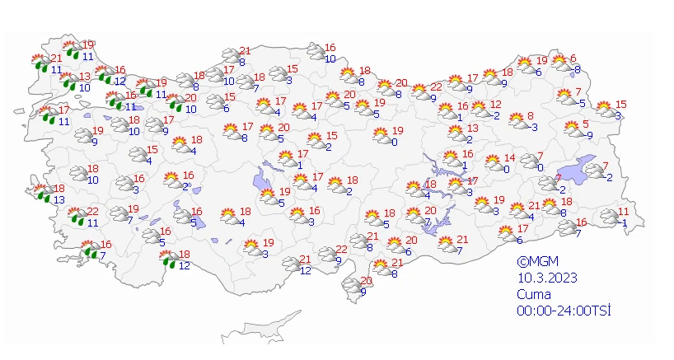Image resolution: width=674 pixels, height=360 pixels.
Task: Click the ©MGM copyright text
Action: click(x=533, y=264)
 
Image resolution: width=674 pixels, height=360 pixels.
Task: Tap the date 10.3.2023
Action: click(x=541, y=278)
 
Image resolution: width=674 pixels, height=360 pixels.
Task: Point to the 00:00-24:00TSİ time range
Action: click(x=558, y=310)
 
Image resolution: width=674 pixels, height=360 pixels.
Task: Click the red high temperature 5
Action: click(x=587, y=124)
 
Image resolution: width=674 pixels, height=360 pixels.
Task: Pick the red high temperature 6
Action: click(x=573, y=58)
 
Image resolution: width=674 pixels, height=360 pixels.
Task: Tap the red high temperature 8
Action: click(x=531, y=116)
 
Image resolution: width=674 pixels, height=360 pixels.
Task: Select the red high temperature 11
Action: click(x=624, y=212)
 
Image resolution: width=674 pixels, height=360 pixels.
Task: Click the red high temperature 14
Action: click(x=509, y=158)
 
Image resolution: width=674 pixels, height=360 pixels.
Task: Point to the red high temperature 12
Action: click(x=496, y=105)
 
